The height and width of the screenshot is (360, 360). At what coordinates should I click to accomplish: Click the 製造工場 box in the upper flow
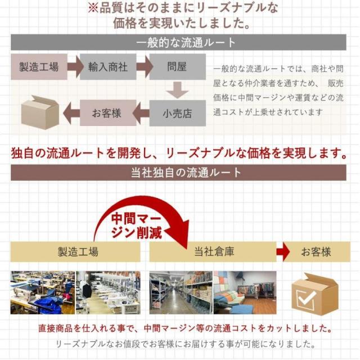39,67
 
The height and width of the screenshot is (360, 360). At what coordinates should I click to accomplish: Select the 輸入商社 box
108,67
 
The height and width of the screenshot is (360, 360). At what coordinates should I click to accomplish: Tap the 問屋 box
177,67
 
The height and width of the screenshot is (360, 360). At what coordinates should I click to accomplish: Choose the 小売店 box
177,112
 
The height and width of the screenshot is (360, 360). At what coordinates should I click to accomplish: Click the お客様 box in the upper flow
108,112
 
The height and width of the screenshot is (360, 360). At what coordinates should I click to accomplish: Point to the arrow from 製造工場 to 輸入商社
74,67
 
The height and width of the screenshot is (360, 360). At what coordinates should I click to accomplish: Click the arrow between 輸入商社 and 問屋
143,67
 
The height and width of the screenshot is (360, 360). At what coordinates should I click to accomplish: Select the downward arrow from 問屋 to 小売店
177,89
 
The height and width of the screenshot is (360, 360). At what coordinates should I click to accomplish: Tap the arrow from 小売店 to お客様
143,112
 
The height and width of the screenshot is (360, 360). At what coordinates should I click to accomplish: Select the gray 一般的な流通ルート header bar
179,43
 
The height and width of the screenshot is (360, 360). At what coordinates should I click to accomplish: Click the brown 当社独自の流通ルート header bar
179,172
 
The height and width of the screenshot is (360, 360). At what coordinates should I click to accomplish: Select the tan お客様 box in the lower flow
316,251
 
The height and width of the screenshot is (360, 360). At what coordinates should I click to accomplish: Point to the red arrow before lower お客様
283,251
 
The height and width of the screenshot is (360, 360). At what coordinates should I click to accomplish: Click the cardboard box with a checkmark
314,293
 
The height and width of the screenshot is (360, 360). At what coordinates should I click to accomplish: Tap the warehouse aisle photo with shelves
181,292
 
